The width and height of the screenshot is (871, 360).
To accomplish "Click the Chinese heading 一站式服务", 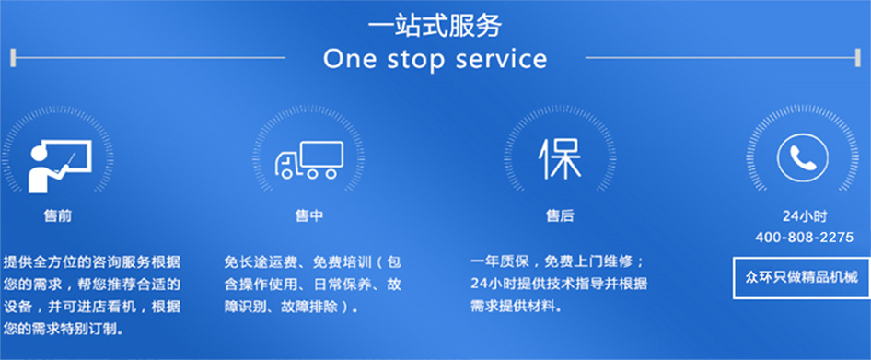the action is pyautogui.click(x=435, y=26).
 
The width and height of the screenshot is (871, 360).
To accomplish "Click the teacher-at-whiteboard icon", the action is pyautogui.click(x=60, y=165).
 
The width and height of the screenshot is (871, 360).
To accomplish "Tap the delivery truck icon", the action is pyautogui.click(x=308, y=160).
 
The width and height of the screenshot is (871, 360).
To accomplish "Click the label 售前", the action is pyautogui.click(x=58, y=216).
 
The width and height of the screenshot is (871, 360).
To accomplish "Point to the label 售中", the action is pyautogui.click(x=308, y=216).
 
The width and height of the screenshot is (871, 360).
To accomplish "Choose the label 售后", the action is pyautogui.click(x=560, y=216).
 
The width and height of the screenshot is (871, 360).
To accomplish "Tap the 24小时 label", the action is pyautogui.click(x=804, y=216).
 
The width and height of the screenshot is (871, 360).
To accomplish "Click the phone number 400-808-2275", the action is pyautogui.click(x=804, y=238).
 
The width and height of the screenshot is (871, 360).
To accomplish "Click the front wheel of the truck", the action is pyautogui.click(x=286, y=173).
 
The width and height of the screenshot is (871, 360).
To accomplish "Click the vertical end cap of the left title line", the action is pyautogui.click(x=13, y=57).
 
